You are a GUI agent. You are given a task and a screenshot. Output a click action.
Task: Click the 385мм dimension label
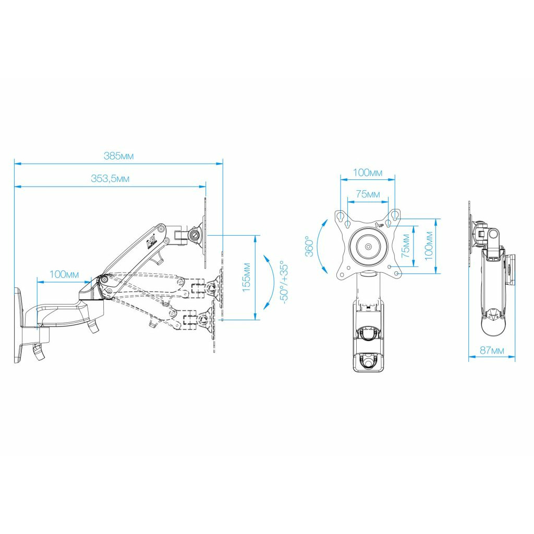click(x=118, y=156)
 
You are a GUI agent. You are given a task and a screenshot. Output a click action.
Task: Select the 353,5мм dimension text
click(x=110, y=178)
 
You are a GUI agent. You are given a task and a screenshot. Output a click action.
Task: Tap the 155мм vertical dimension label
click(x=246, y=277)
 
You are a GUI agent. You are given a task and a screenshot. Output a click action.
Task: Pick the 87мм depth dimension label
click(x=492, y=350)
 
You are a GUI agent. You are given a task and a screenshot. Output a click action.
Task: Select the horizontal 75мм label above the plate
click(x=368, y=194)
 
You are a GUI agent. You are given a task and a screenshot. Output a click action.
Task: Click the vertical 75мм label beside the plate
click(x=405, y=246)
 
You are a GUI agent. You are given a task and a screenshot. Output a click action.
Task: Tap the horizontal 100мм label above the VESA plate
click(x=368, y=173)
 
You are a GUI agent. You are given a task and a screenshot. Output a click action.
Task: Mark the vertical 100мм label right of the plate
click(x=429, y=246)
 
